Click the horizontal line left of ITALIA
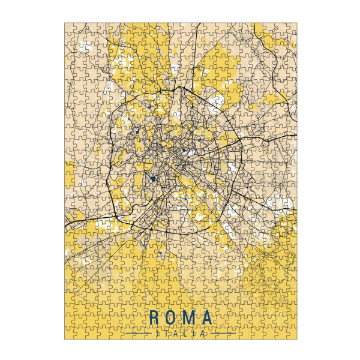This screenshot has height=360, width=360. coord(137,332)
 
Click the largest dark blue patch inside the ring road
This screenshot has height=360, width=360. coord(153,178)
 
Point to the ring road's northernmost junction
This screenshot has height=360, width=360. coord(178,88)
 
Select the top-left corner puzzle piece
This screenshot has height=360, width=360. coord(70,28)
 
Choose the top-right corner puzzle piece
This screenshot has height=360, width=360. coord(290,28)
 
